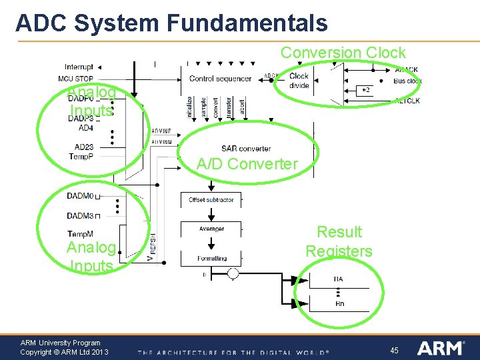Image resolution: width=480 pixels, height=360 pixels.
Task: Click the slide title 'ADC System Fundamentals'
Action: pos(171,23)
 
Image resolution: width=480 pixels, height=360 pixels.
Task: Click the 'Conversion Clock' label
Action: pos(343,52)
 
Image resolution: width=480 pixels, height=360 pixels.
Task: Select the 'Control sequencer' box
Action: pos(220,79)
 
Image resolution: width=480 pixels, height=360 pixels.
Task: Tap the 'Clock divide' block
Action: pos(299,81)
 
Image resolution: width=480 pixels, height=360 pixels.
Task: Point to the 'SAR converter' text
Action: pos(246,148)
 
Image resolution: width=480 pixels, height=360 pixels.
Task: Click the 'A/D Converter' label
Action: pos(247,164)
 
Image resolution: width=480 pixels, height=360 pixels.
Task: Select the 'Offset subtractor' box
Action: pos(211,199)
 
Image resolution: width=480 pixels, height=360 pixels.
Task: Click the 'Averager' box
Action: pos(211,229)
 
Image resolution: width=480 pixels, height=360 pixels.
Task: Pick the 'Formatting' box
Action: pos(211,258)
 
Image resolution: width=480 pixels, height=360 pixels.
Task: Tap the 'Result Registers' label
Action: pos(339,241)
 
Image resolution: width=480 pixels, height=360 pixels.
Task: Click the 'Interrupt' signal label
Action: pos(79,67)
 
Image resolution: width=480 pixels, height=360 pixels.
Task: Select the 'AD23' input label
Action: pos(84,147)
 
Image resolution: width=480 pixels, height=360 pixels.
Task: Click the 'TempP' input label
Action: pos(81,157)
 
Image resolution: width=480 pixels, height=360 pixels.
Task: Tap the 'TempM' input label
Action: pos(80,234)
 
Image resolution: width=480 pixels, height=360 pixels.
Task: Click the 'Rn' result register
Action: pos(339,303)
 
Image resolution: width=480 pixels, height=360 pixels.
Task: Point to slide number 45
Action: pos(394,350)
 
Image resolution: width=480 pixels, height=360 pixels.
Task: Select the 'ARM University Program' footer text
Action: pos(60,343)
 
